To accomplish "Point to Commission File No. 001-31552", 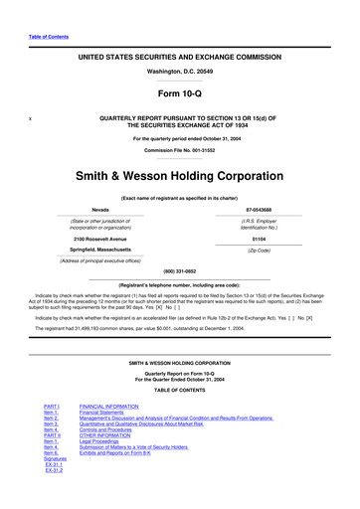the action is pos(179,150).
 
